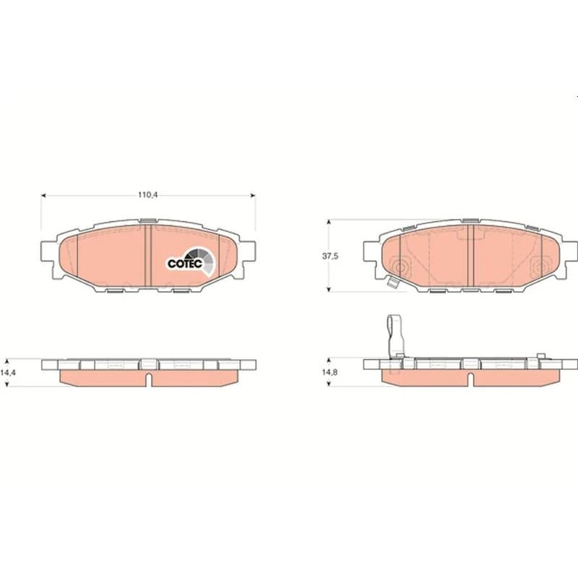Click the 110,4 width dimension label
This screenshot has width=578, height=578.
[148, 194]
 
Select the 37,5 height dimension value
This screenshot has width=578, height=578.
[330, 256]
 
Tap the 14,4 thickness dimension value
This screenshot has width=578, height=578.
[8, 372]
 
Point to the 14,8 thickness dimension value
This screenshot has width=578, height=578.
[330, 372]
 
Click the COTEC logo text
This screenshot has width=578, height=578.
[185, 264]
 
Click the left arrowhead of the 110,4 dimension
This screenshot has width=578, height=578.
[43, 195]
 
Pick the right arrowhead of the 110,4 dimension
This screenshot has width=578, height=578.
[253, 195]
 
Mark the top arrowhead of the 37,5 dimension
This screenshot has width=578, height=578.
[329, 222]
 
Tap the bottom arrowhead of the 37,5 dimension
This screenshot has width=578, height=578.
[329, 290]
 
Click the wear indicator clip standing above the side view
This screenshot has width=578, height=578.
[395, 336]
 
